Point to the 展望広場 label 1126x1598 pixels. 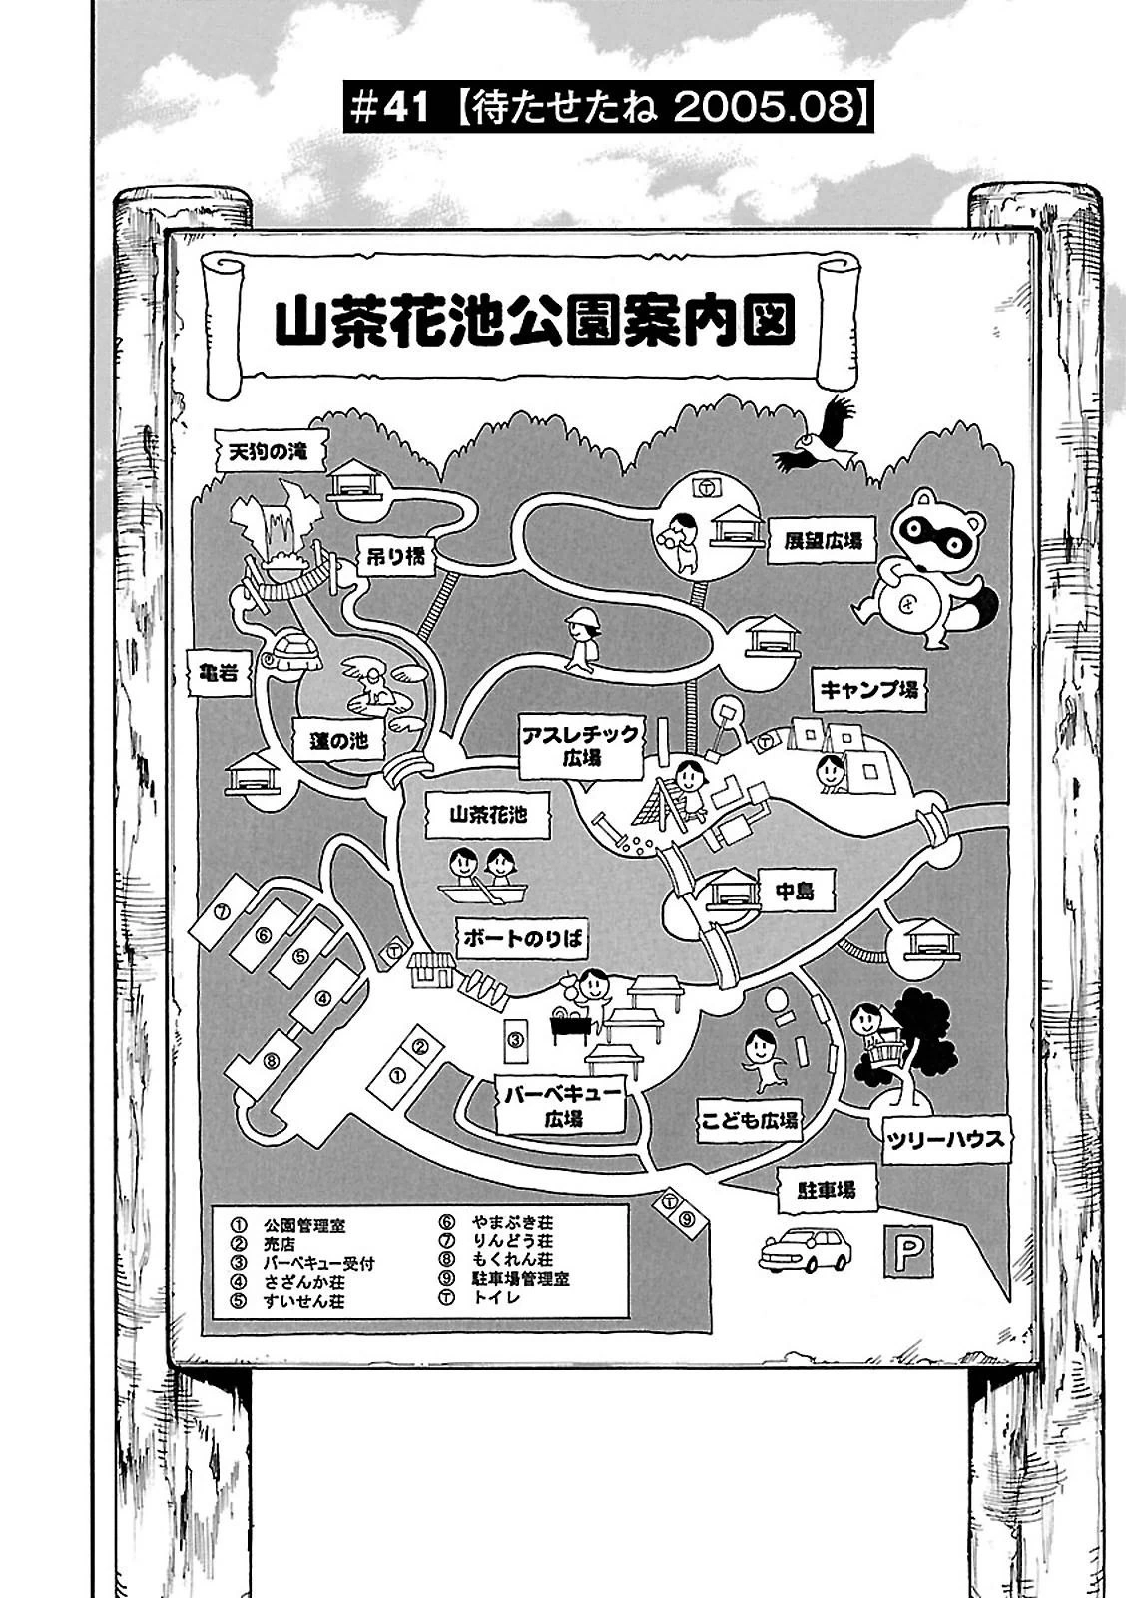816,539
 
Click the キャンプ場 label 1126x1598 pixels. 867,689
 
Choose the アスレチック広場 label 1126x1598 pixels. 579,746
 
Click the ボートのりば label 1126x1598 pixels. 522,939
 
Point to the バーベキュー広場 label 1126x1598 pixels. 563,1105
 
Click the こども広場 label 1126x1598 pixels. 750,1121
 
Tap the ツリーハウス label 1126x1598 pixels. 944,1139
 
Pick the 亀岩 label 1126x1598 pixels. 215,673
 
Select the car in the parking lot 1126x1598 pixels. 805,1248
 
